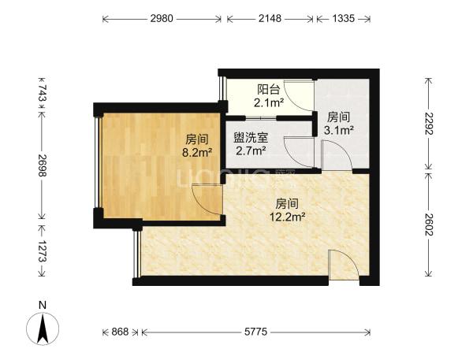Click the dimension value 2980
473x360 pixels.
162,19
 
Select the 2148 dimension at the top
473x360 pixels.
270,19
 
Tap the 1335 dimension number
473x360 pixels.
343,19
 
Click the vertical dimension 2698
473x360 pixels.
43,165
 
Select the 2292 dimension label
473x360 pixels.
428,124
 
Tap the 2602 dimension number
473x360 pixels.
428,225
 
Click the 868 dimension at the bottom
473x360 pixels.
120,332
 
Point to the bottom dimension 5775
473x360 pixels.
255,332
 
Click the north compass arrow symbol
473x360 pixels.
43,328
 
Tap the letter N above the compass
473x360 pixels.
43,305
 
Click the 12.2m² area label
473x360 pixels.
288,217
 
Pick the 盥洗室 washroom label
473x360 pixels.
251,138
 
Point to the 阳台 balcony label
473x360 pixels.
269,90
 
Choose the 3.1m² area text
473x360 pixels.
339,130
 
